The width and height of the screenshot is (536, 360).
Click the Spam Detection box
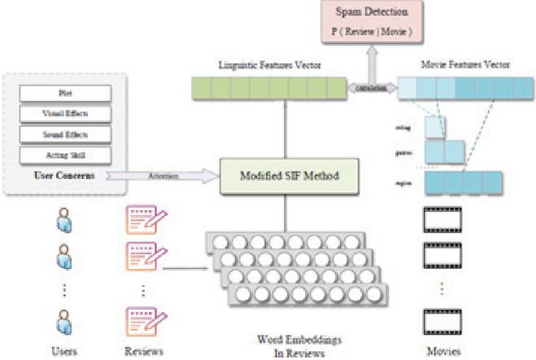(375, 22)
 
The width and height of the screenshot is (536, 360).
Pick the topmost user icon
(63, 220)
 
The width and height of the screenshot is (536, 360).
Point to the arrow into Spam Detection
(375, 58)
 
